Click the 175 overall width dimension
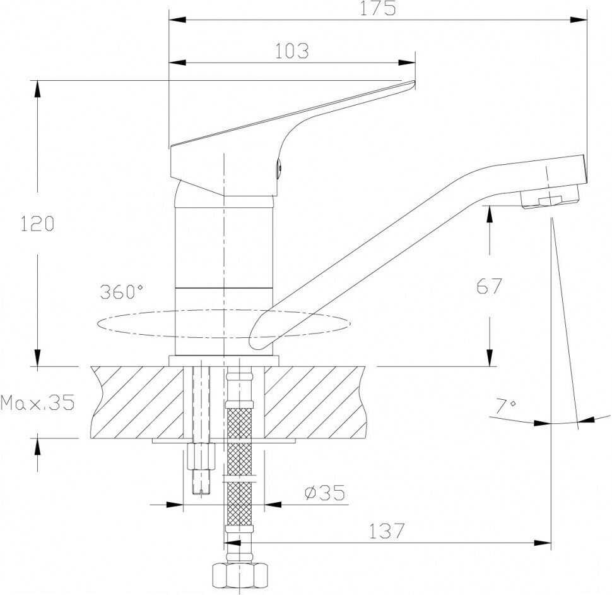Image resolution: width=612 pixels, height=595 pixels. (x=377, y=9)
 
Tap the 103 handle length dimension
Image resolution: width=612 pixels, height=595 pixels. (x=292, y=51)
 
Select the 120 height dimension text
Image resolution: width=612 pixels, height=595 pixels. (x=37, y=224)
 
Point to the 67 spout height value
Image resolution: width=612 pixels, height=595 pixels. (x=489, y=286)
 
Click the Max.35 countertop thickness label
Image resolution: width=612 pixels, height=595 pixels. (x=37, y=402)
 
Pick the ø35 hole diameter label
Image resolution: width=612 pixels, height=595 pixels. (x=325, y=493)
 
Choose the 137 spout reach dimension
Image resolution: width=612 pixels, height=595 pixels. (x=386, y=531)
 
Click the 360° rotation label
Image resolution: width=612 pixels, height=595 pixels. (x=121, y=291)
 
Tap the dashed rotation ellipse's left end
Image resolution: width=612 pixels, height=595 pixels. (x=97, y=324)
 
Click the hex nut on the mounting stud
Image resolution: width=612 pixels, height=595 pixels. (x=201, y=456)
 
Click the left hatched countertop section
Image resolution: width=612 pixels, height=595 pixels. (x=138, y=402)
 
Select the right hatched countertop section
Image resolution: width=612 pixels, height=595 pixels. (x=315, y=402)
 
